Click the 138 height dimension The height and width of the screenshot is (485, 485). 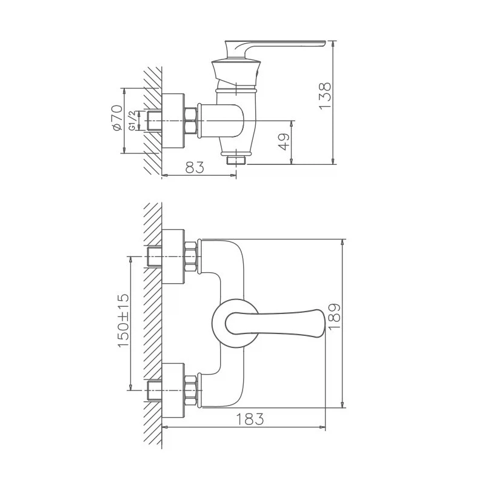tap(325, 96)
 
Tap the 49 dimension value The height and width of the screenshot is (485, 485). tap(284, 142)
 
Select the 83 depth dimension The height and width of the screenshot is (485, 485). tap(195, 167)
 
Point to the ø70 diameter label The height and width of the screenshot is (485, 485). tap(118, 118)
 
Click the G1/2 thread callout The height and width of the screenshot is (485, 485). tap(132, 121)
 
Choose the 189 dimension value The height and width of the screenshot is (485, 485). tap(334, 316)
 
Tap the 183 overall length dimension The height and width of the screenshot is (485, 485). tap(250, 419)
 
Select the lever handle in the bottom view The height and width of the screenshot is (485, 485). tap(275, 323)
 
